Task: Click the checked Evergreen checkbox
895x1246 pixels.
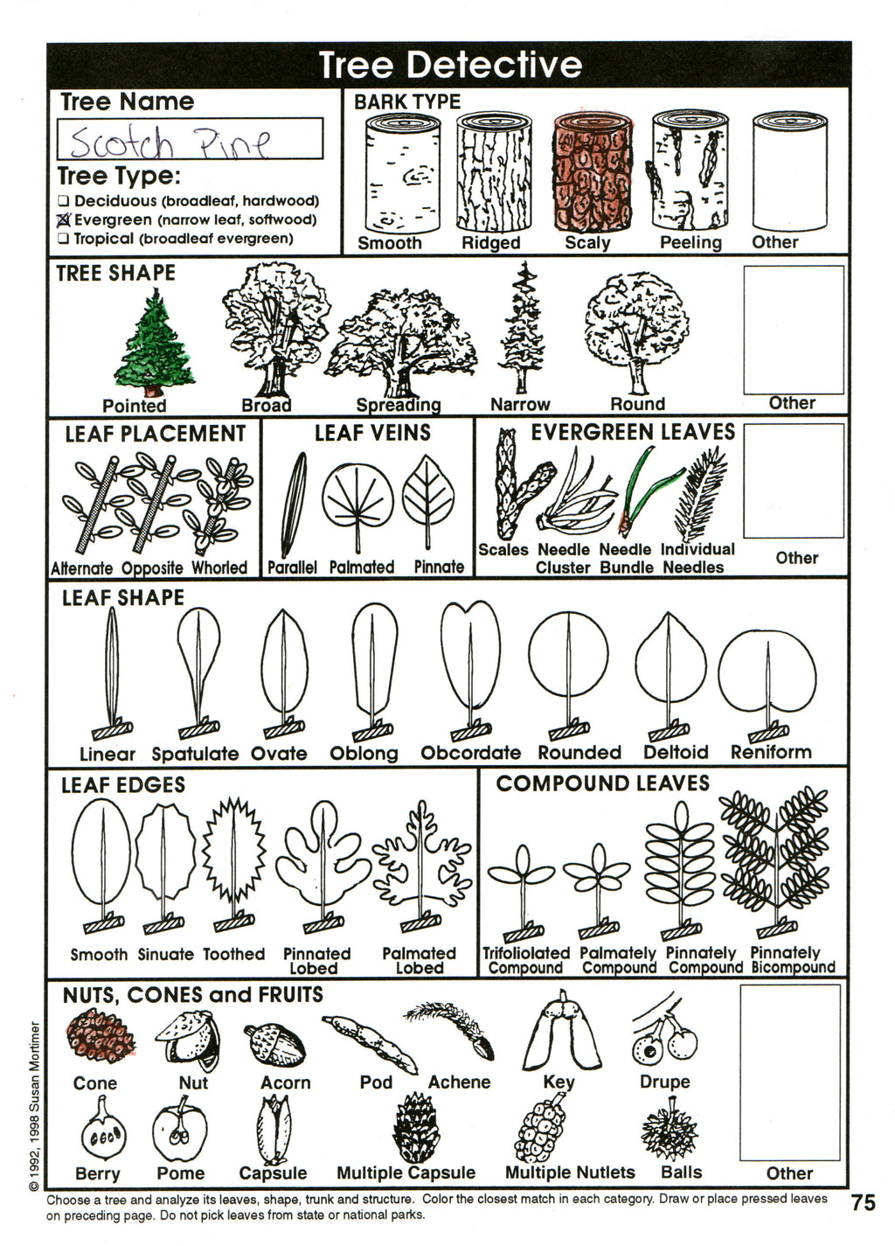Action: (64, 219)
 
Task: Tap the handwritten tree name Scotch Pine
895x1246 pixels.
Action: (170, 140)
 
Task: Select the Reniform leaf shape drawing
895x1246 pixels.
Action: (767, 677)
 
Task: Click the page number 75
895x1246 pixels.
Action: (863, 1203)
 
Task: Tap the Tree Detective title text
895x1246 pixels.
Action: (449, 65)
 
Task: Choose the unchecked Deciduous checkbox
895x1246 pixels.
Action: (64, 201)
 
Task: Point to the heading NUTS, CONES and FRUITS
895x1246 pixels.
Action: (192, 995)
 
